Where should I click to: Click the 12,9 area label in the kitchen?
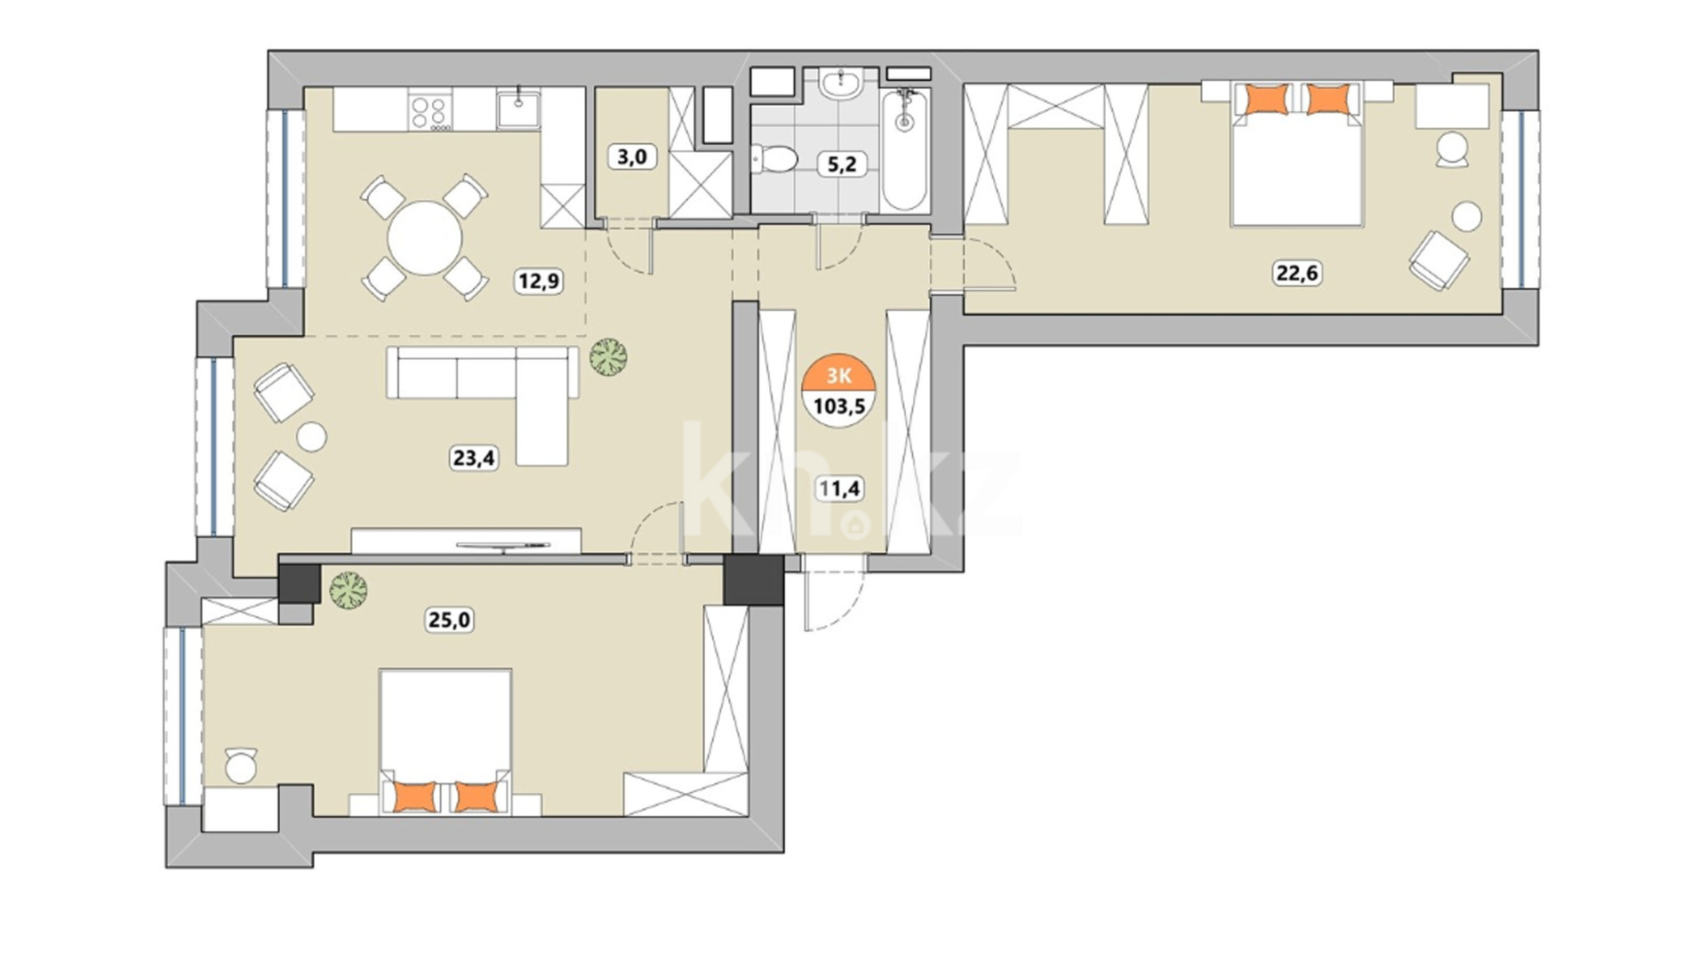point(539,282)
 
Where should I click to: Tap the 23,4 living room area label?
point(474,458)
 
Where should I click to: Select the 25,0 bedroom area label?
point(450,620)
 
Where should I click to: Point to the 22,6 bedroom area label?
point(1298,273)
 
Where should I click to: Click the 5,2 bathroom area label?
point(841,164)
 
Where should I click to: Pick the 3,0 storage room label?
point(632,157)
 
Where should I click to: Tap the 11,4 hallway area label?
point(839,488)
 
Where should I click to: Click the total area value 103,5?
point(839,407)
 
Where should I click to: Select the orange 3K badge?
point(839,374)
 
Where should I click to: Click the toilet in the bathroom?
point(773,159)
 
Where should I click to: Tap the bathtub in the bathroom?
point(905,149)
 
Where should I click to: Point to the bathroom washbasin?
point(840,84)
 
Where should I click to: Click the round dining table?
point(425,238)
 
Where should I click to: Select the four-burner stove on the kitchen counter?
point(430,112)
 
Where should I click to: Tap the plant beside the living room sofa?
point(608,356)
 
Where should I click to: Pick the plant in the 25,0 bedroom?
point(349,590)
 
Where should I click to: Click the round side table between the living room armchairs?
point(311,437)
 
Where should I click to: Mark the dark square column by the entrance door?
point(753,580)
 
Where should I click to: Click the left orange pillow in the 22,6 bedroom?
point(1267,99)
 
